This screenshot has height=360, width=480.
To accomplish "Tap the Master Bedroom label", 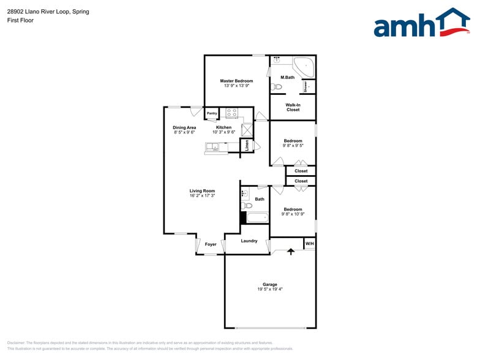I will (236, 81).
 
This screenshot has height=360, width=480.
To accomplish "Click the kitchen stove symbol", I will (231, 113).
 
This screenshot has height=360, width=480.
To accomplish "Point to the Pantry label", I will (212, 113).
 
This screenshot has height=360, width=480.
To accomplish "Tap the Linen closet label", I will (247, 146).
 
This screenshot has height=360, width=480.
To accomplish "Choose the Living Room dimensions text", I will (202, 195).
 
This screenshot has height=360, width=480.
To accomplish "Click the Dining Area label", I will (184, 127).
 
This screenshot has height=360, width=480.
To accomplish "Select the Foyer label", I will (211, 244).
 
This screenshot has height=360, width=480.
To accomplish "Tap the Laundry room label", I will (249, 241).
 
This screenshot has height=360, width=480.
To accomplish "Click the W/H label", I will (309, 244).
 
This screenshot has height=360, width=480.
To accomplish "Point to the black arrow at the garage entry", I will (291, 252).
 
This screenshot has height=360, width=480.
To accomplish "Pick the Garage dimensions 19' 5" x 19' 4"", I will (270, 289).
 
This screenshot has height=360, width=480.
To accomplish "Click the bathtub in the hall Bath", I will (257, 217).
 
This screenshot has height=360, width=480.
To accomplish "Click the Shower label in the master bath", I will (306, 87).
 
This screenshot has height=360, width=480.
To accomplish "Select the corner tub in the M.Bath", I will (304, 66).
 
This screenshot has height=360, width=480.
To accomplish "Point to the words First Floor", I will (20, 20).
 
